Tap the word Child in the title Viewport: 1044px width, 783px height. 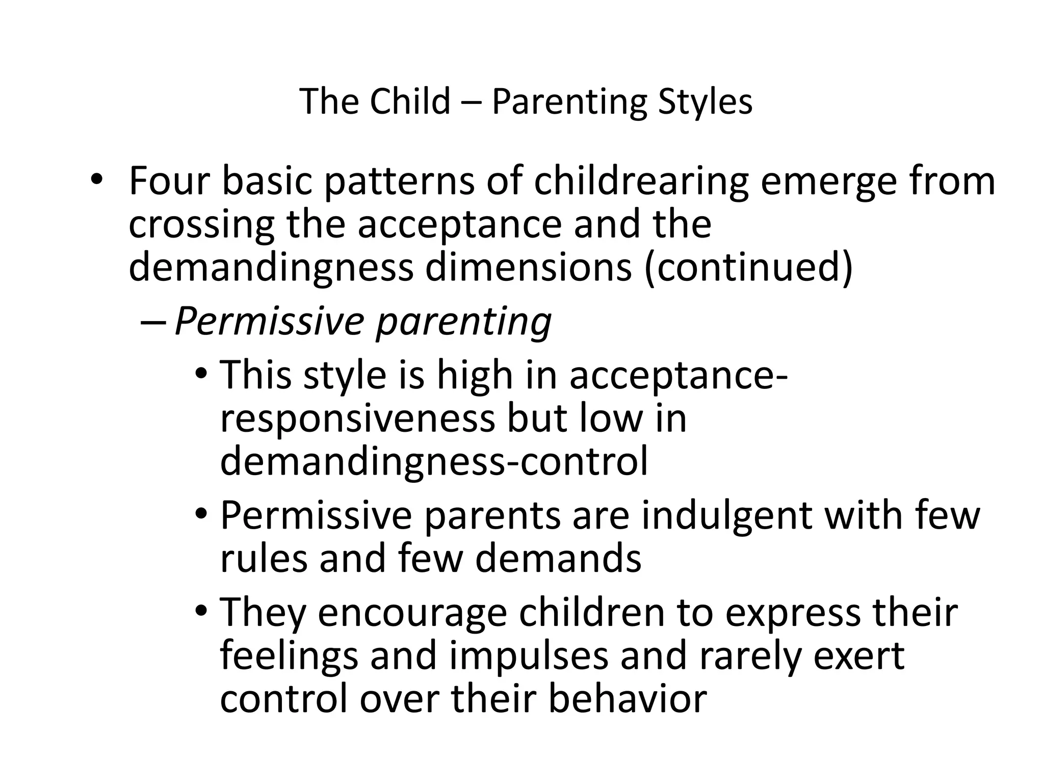[x=410, y=101]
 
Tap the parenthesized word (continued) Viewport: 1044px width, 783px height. [x=748, y=269]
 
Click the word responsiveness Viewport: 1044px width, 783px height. [x=357, y=419]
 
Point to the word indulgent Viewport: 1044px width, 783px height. [x=727, y=515]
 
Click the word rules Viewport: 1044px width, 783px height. [x=264, y=559]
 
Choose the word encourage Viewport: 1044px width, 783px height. [x=413, y=613]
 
